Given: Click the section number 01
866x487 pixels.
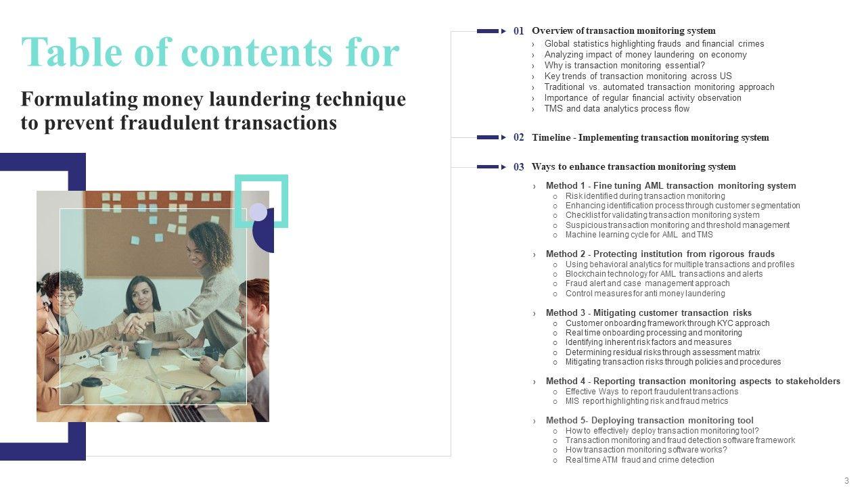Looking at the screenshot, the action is (518, 31).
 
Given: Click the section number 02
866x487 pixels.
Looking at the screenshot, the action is (518, 137).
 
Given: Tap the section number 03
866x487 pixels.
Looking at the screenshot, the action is (518, 167).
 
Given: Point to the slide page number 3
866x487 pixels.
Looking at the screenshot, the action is (846, 480).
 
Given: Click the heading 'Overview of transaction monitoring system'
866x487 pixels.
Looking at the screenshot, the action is (624, 30).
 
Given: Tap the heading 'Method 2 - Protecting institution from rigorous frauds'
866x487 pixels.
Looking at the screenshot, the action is (660, 254).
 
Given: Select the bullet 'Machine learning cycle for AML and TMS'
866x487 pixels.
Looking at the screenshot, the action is (639, 235).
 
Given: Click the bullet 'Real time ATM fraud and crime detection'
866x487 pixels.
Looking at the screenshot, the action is (640, 460).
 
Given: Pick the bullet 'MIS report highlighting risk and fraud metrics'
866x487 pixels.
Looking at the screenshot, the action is (647, 401).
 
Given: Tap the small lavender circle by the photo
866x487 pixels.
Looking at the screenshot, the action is (258, 212).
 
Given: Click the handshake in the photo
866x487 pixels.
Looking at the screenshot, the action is (137, 323).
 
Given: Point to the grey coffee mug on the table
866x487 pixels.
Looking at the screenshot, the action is (143, 349).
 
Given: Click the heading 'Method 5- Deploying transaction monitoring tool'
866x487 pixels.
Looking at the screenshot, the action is (649, 421).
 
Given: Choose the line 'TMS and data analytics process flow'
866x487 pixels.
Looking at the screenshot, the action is (616, 109).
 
